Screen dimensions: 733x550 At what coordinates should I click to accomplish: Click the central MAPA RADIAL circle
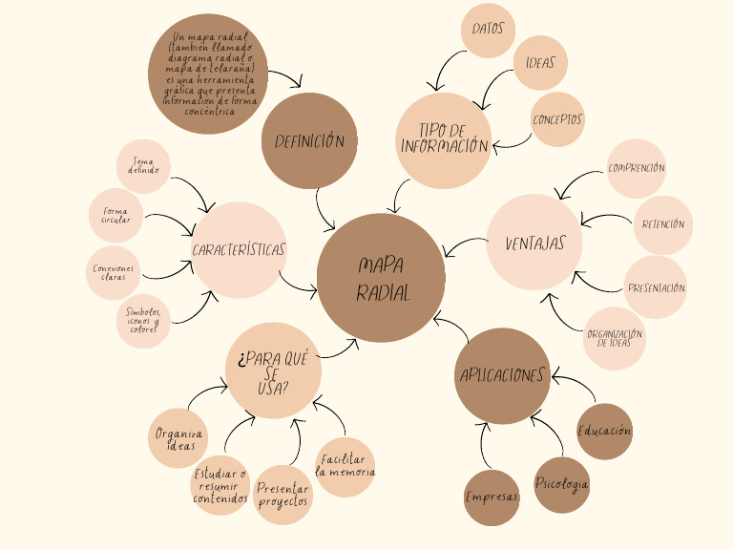(x=382, y=278)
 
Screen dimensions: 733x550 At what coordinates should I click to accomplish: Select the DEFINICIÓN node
(x=309, y=141)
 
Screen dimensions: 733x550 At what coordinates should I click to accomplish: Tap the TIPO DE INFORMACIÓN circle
(x=444, y=139)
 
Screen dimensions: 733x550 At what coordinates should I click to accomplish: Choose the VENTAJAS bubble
(x=534, y=243)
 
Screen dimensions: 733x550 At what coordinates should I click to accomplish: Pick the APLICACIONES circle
(x=502, y=375)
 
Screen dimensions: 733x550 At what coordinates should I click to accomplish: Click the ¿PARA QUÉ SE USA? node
(x=274, y=370)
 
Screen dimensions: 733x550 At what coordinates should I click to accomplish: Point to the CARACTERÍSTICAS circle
(x=239, y=250)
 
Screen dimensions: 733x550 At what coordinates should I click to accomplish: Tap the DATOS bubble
(x=488, y=30)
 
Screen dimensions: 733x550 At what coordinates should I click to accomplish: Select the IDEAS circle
(x=540, y=63)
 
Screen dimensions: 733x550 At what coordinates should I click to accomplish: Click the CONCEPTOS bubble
(x=557, y=119)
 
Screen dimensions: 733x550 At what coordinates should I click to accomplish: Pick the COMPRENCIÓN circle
(x=637, y=168)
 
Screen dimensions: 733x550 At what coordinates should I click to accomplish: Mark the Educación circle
(x=604, y=431)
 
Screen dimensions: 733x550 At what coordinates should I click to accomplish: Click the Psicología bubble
(x=561, y=484)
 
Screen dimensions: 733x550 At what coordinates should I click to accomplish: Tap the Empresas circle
(x=492, y=497)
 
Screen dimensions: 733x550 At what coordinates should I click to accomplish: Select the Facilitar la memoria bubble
(x=345, y=466)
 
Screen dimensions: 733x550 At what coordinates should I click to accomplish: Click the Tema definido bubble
(x=143, y=166)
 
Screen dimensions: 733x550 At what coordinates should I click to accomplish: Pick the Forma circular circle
(x=115, y=216)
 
